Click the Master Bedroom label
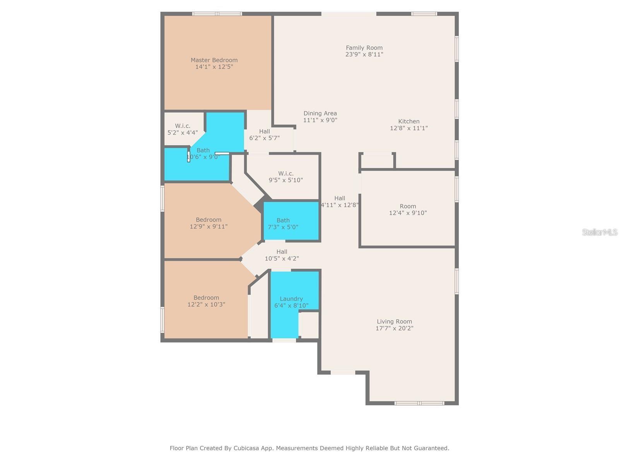click(214, 60)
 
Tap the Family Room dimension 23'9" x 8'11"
click(364, 55)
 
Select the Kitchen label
click(409, 121)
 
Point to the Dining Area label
click(320, 113)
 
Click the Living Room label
click(394, 321)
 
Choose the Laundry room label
click(291, 299)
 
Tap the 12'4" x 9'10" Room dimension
click(408, 213)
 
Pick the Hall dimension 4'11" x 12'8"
click(340, 205)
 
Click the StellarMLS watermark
click(600, 232)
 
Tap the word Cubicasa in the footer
click(246, 448)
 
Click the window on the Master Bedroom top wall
click(217, 14)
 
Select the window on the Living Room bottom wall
click(419, 403)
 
